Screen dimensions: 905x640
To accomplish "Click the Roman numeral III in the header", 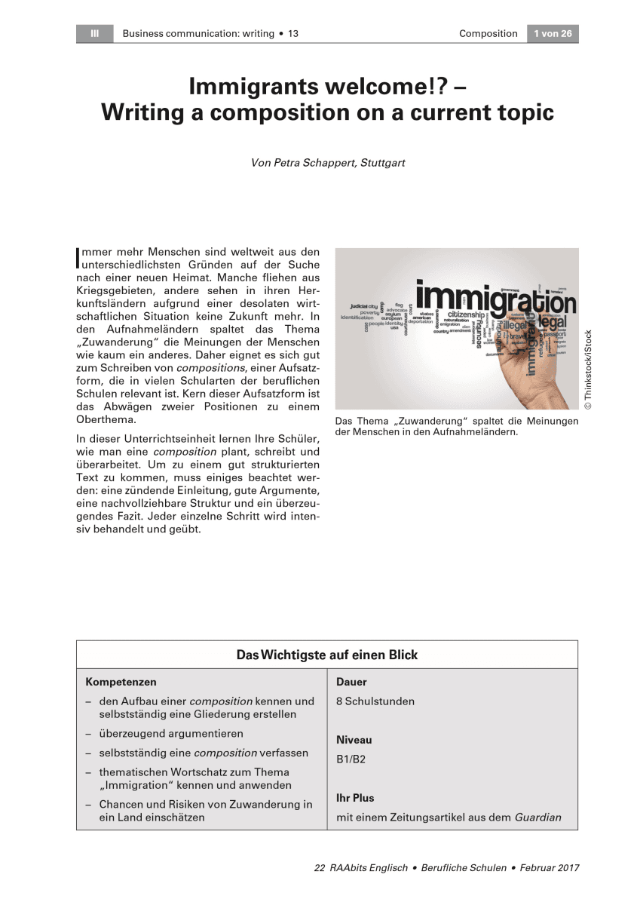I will tap(94, 33).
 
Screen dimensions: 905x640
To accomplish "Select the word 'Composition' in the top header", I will tap(488, 33).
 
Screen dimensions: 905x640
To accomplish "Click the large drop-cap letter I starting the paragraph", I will tap(78, 257).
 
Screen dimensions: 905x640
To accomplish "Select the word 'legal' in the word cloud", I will tap(558, 322).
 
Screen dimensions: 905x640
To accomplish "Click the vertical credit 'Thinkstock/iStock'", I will tap(588, 370).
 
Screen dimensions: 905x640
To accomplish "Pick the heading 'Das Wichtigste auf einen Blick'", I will tap(326, 655).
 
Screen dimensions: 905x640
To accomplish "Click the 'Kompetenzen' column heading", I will tap(121, 682).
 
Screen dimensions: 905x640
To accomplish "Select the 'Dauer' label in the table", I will tap(351, 682).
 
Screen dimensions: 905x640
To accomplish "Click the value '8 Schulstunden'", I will tap(375, 701).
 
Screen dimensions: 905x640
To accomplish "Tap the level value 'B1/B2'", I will tap(351, 759).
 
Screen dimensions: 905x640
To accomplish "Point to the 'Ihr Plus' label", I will tap(355, 798).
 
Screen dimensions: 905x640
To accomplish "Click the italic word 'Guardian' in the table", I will tap(537, 818).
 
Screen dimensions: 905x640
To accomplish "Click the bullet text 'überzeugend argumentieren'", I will tap(171, 733).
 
